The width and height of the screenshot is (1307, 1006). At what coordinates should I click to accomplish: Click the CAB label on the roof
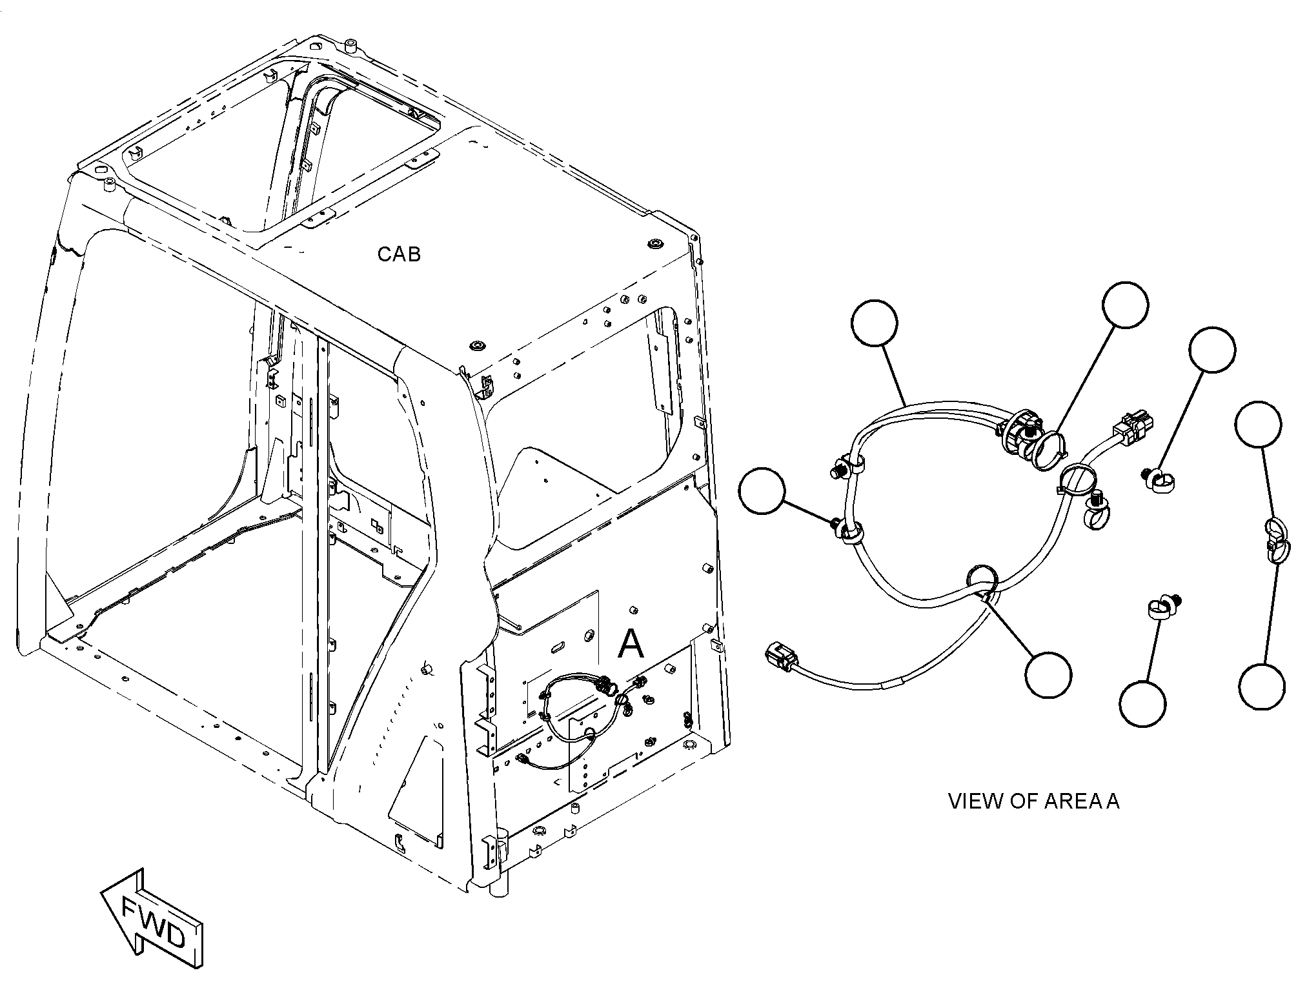399,254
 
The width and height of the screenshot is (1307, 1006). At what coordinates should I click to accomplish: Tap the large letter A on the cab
631,643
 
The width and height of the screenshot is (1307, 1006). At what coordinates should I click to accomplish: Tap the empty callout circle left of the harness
764,491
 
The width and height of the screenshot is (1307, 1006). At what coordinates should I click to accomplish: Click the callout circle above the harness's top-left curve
875,324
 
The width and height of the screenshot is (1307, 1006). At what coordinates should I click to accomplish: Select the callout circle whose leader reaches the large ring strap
1125,305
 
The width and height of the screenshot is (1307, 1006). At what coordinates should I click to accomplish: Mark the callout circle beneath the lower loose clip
1142,703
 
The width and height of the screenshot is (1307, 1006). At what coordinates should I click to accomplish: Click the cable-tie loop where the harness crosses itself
982,579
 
